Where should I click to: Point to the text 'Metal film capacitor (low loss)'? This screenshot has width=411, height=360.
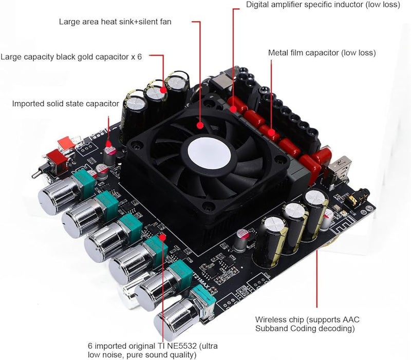click(x=322, y=52)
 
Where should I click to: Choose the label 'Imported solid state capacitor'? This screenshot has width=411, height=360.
click(x=65, y=104)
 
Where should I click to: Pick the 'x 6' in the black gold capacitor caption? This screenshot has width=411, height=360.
click(x=136, y=56)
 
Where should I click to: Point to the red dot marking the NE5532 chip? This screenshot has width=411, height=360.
click(x=162, y=237)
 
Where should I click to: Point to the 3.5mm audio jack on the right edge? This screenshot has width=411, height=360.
click(x=354, y=198)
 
